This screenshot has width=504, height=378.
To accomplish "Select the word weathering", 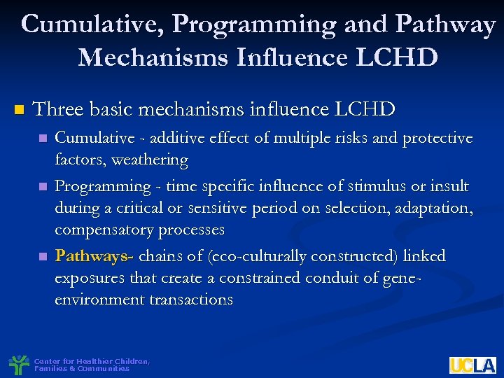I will pyautogui.click(x=152, y=160).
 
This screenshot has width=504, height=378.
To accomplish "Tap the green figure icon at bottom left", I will pyautogui.click(x=19, y=364).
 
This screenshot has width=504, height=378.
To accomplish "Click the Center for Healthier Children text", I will pyautogui.click(x=92, y=361).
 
